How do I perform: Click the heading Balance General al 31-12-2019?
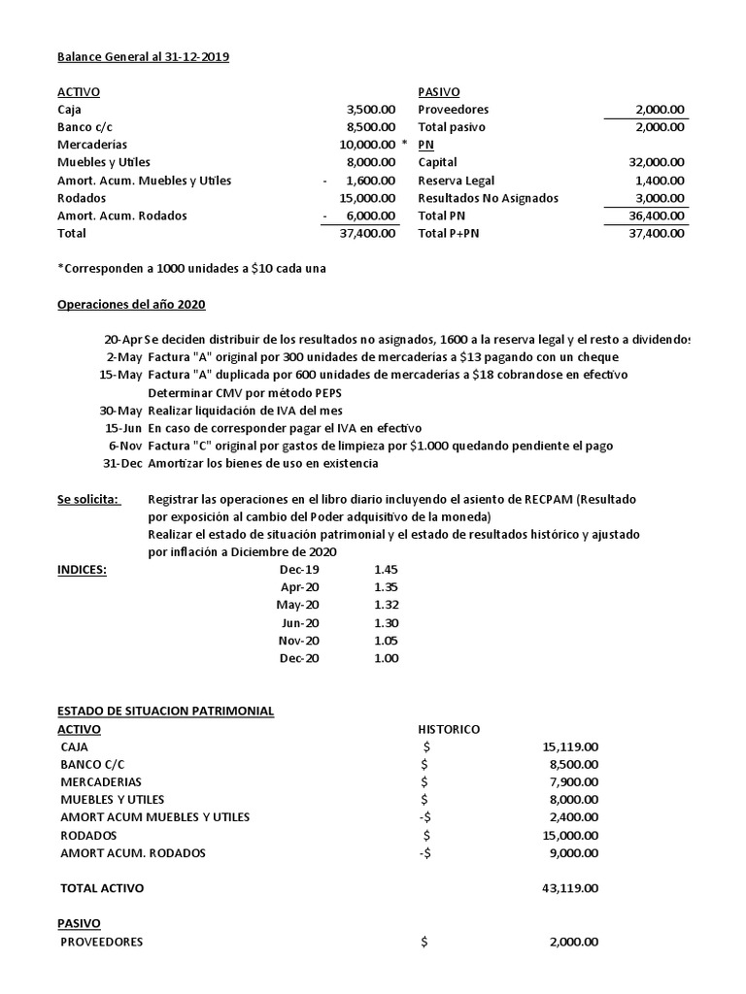[144, 57]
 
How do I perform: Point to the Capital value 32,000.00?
[658, 163]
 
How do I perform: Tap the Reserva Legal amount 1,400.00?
[661, 181]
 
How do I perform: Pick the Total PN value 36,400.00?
[658, 215]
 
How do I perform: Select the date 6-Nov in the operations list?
[125, 446]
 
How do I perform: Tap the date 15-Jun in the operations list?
[123, 428]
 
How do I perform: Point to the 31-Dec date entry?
[123, 463]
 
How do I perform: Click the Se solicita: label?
[89, 499]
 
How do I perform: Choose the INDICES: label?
[83, 570]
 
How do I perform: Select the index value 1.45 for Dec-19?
[386, 570]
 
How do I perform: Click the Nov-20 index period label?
[298, 640]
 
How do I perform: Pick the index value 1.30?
[386, 622]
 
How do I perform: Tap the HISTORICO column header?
[449, 729]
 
